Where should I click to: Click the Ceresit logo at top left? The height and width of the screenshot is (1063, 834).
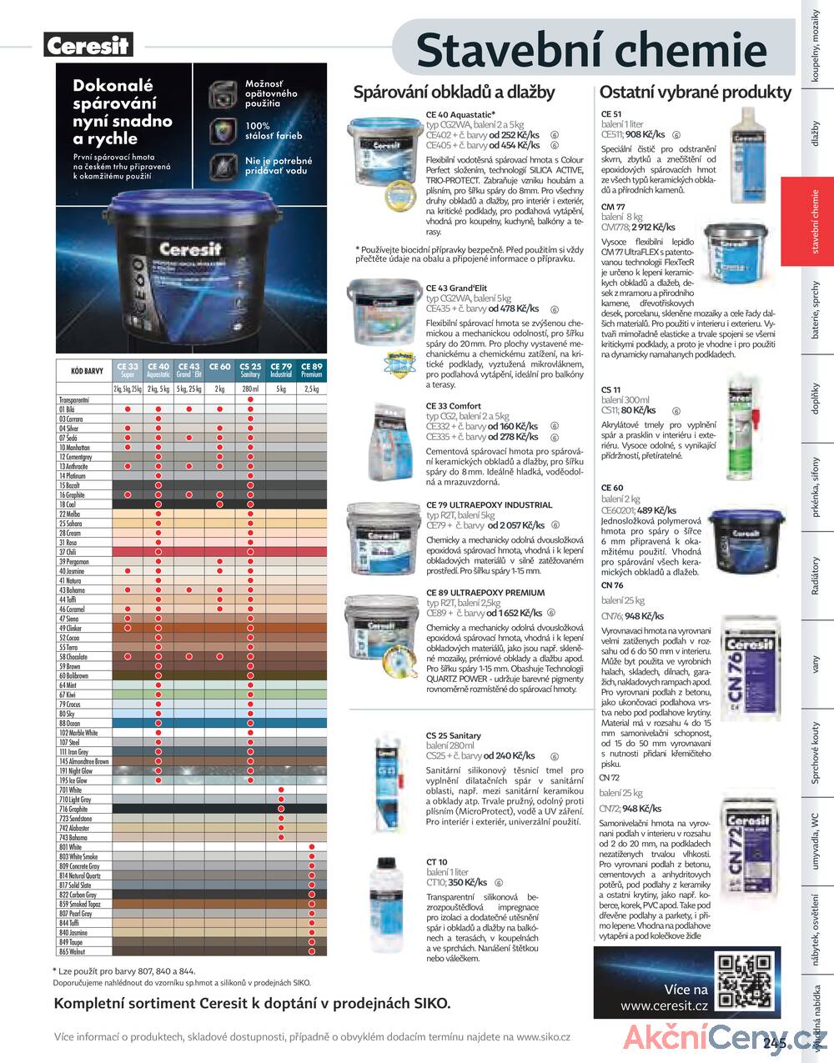click(88, 45)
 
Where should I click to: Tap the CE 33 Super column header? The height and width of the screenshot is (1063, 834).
click(128, 370)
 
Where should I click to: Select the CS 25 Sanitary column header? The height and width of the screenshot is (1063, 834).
click(250, 370)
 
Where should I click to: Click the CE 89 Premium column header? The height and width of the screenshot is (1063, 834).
click(311, 370)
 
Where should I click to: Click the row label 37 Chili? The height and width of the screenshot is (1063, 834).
click(68, 552)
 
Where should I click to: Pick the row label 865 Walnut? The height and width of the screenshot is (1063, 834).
click(72, 951)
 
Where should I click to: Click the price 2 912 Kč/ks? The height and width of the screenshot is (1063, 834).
click(654, 227)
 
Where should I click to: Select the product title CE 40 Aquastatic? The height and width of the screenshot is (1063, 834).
click(460, 115)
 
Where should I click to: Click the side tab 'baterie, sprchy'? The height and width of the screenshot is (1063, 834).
click(815, 310)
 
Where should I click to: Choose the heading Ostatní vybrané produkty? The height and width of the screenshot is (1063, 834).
click(695, 93)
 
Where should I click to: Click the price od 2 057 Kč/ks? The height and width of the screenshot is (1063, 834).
click(516, 525)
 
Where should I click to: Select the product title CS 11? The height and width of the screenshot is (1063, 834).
click(611, 389)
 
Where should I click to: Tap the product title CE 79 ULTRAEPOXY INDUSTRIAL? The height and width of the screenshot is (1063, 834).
click(489, 504)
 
